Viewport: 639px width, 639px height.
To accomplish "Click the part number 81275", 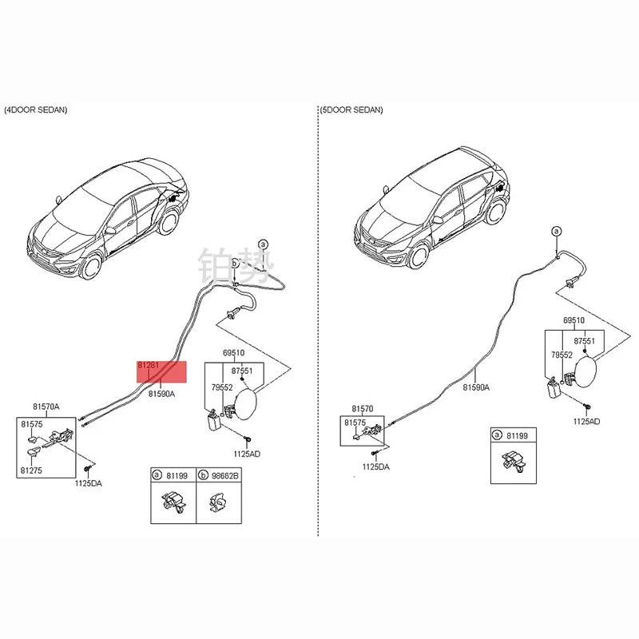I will point(32,470).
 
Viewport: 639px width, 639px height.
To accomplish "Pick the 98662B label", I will point(224,474).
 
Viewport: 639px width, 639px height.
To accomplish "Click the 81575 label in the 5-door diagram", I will point(355,422).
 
